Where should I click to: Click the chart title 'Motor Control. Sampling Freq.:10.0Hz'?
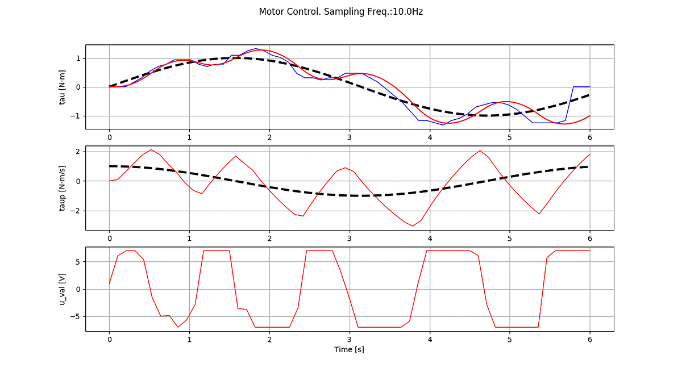coord(340,11)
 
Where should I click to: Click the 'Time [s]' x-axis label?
coord(349,349)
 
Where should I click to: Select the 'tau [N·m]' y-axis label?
coord(63,87)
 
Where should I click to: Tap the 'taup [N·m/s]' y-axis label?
coord(63,188)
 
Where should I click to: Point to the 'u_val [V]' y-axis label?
coord(63,289)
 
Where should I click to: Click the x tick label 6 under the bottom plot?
coord(589,340)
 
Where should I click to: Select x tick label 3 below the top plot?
coord(349,137)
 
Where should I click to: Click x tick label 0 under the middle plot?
coord(109,239)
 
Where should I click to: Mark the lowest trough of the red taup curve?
coord(413,226)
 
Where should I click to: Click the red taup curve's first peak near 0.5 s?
coord(151,150)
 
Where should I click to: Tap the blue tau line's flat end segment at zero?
coord(581,87)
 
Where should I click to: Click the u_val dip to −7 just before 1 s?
coord(178,327)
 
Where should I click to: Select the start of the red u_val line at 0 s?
coord(109,283)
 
